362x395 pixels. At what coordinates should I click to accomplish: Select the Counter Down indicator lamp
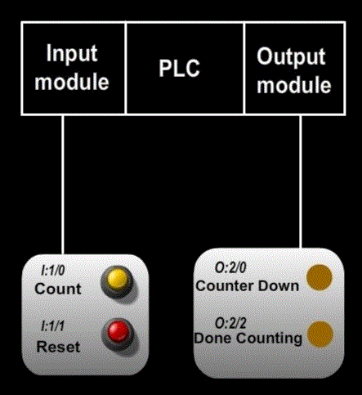coord(320,277)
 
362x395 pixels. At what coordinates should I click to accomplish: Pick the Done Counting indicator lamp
coord(320,334)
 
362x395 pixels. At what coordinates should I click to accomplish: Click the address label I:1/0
coord(53,271)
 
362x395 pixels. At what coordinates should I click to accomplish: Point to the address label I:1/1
coord(52,326)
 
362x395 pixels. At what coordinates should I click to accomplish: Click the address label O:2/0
coord(230,267)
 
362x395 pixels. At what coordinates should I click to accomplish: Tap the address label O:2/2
coord(230,324)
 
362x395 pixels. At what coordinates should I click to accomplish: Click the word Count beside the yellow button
coord(58,289)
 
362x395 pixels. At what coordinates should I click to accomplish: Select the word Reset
coord(58,347)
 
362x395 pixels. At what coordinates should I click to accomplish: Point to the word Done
coord(213,338)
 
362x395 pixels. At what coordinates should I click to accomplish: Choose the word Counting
coord(269,339)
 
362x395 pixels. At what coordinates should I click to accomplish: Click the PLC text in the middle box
coord(179,68)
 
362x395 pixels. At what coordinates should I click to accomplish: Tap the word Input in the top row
coord(72,54)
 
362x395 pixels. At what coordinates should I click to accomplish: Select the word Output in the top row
coord(291,56)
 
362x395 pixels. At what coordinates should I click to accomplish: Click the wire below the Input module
coord(63,185)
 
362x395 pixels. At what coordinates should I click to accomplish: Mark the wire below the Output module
coord(301,182)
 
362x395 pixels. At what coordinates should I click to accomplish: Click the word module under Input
coord(72,82)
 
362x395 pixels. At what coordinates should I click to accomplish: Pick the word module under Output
coord(294,85)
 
